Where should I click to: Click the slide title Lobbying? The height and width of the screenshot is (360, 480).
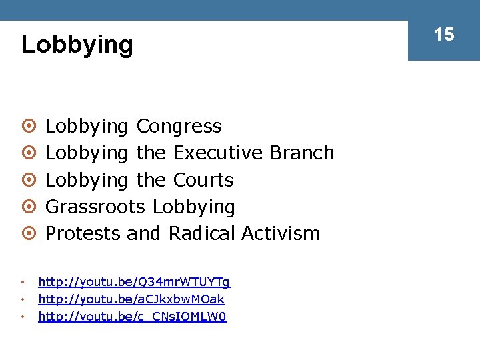point(77,45)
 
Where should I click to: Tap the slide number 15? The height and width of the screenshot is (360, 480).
point(444,34)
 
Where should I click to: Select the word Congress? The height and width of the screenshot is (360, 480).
point(179,126)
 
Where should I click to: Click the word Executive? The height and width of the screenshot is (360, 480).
point(218,153)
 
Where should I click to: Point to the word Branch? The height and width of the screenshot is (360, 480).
point(302,153)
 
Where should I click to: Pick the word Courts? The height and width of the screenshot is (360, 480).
point(203,180)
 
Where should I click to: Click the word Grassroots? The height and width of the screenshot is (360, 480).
point(95,207)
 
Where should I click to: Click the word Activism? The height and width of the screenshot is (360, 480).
point(281,233)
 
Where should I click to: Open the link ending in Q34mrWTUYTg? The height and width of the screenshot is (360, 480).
point(134,282)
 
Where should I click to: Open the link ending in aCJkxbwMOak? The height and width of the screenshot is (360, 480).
point(131,299)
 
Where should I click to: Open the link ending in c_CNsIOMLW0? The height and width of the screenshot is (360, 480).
point(132,317)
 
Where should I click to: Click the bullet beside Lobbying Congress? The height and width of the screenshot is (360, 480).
point(27,127)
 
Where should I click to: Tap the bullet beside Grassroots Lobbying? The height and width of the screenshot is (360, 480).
point(27,207)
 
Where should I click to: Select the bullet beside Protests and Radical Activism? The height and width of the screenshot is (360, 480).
point(27,234)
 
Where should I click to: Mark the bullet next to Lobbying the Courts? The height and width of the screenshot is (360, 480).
point(27,181)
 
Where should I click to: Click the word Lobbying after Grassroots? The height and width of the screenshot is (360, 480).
point(193,207)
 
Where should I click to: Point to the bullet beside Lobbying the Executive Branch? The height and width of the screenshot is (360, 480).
point(27,153)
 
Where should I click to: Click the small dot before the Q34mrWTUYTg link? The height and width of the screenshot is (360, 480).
point(23,282)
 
